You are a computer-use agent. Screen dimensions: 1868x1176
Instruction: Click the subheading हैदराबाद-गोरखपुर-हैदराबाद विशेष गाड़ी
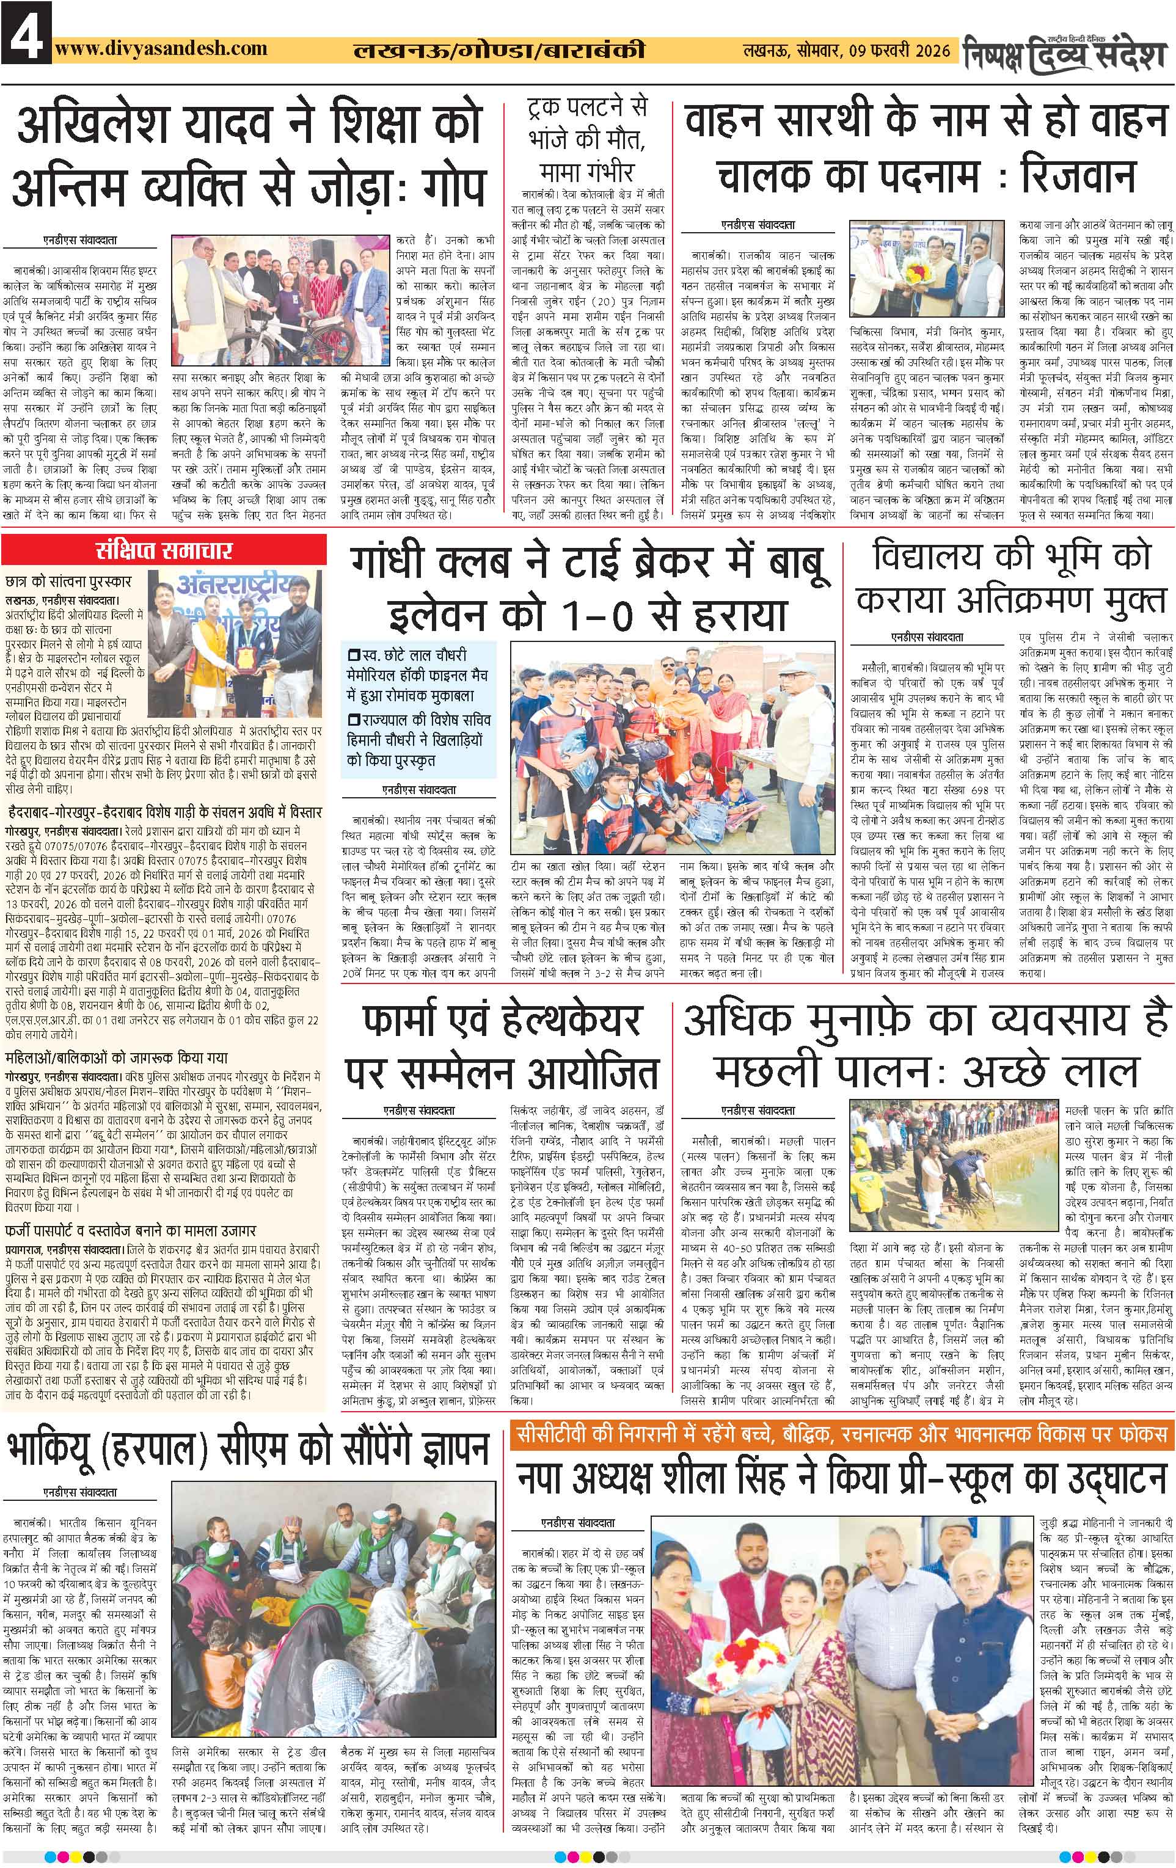tap(164, 814)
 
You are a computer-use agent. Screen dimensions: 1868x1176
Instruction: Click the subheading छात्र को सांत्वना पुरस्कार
tap(68, 581)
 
